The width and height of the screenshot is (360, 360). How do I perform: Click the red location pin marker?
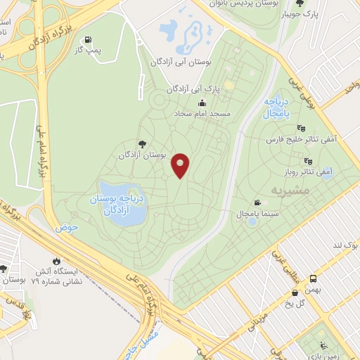[x=181, y=165]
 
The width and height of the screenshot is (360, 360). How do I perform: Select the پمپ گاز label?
[x=90, y=51]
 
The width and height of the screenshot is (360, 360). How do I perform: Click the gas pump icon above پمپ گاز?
[x=87, y=39]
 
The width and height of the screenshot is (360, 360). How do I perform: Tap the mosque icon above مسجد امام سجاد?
[x=202, y=103]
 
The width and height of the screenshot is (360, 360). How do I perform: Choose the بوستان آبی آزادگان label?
[x=181, y=63]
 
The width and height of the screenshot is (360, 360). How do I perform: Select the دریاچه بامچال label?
[x=278, y=108]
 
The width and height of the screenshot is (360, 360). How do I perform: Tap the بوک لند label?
[x=345, y=245]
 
